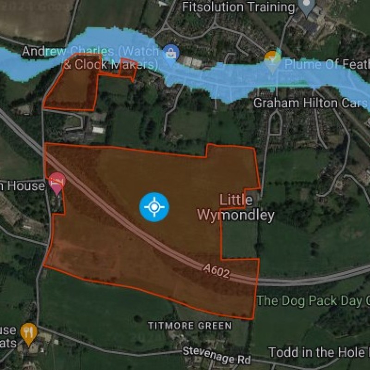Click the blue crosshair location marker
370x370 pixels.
154,207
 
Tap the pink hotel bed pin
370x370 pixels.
57,182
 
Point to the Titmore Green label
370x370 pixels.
190,326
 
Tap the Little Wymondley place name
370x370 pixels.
236,208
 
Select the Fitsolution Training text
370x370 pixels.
238,7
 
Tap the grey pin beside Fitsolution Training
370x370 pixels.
306,6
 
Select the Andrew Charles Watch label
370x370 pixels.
91,51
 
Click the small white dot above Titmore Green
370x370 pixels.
137,319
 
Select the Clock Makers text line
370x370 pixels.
110,65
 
